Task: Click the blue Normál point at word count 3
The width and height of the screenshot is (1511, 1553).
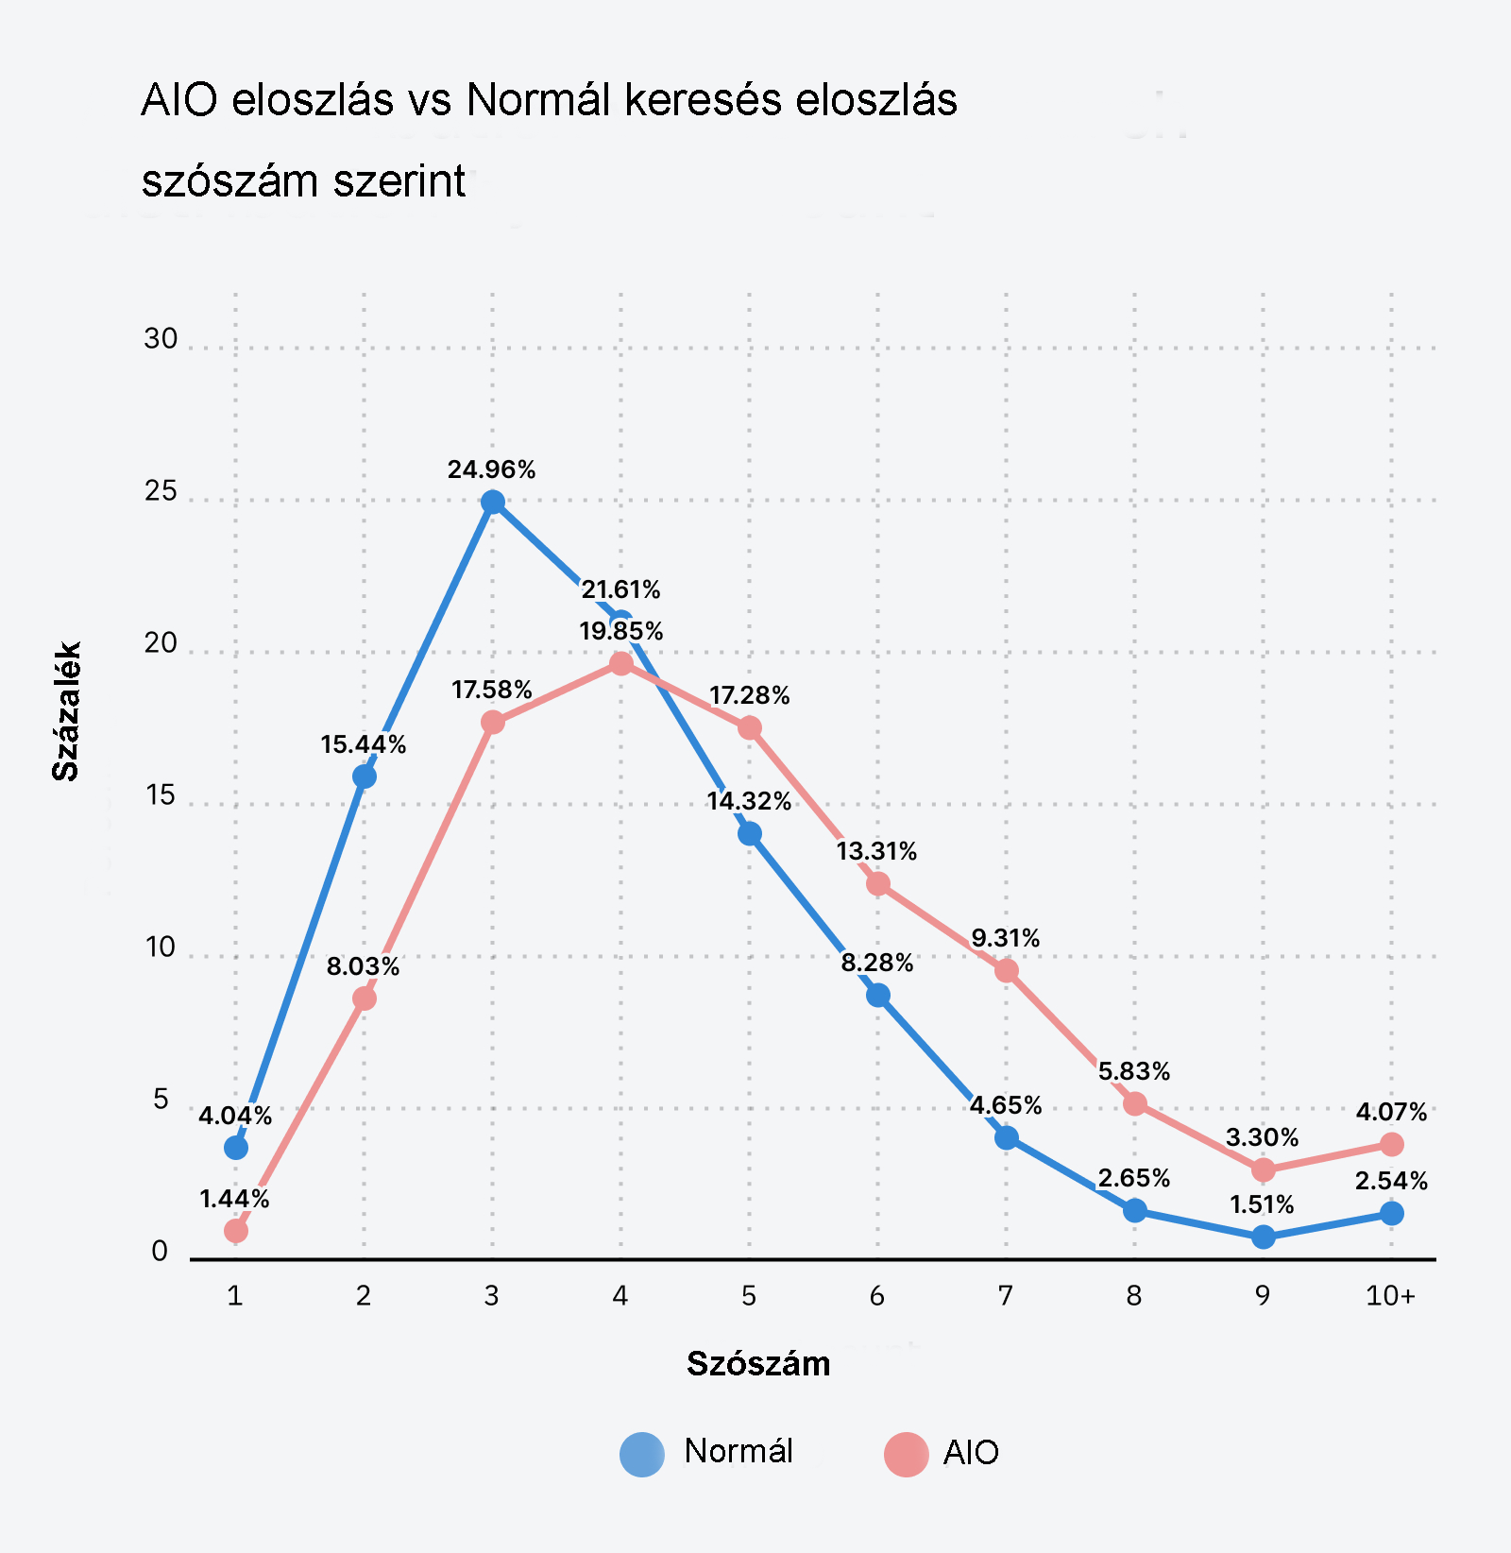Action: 492,502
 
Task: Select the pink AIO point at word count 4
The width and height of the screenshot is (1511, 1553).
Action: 620,663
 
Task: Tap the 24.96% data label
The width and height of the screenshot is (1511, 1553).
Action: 491,469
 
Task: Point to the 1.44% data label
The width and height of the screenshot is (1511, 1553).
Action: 234,1199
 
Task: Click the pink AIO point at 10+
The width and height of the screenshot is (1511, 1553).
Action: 1391,1144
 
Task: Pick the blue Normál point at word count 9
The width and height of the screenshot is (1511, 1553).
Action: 1263,1237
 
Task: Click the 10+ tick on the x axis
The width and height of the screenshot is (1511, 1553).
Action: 1390,1295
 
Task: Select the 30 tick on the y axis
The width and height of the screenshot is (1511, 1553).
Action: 161,339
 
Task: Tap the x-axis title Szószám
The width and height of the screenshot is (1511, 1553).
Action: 758,1363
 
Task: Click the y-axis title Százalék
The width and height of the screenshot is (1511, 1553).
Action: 66,711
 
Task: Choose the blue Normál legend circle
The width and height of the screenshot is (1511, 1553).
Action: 642,1453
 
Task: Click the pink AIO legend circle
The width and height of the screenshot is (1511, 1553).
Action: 907,1453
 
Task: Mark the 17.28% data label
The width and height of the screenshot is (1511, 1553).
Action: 749,696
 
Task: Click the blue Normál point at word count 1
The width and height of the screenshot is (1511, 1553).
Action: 236,1148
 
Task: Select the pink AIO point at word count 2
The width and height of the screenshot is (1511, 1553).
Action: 364,998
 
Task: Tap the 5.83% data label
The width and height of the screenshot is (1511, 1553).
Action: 1133,1071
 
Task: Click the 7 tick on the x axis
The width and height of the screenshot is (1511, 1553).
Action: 1005,1295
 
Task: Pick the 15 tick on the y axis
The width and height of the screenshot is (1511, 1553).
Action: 161,795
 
